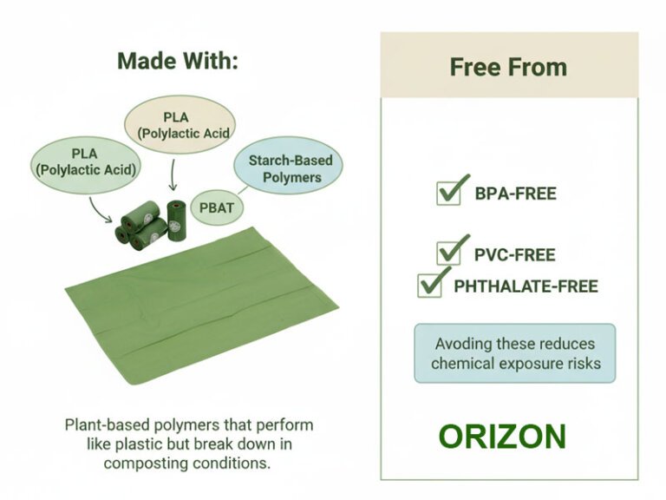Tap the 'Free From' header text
(508, 67)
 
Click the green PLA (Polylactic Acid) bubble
(86, 163)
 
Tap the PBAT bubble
(217, 207)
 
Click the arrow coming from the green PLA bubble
(102, 209)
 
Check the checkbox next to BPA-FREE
(448, 191)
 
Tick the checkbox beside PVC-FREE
(449, 252)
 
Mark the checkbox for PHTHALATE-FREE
(430, 284)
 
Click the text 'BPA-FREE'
(515, 194)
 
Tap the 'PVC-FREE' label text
(514, 255)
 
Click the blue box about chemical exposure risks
(515, 353)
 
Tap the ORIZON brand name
(502, 437)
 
